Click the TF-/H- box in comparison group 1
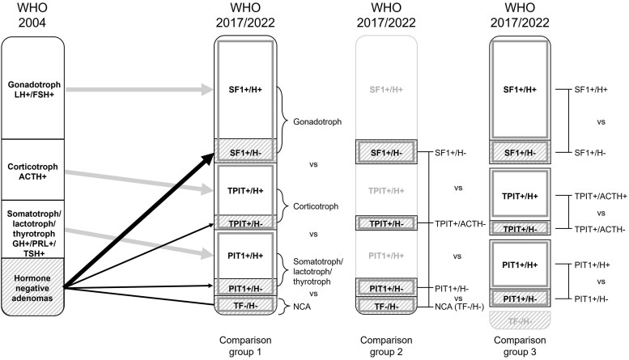247,305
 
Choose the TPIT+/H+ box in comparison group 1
247,188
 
